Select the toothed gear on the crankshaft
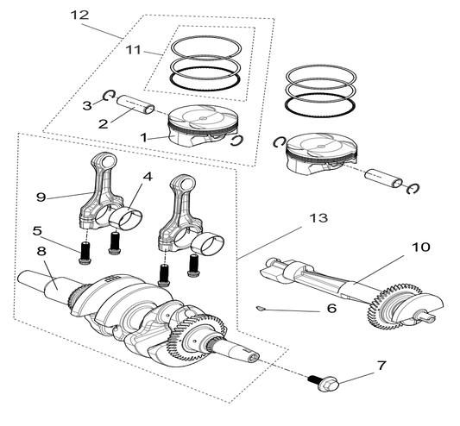pos(201,333)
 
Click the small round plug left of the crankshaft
pos(47,284)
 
